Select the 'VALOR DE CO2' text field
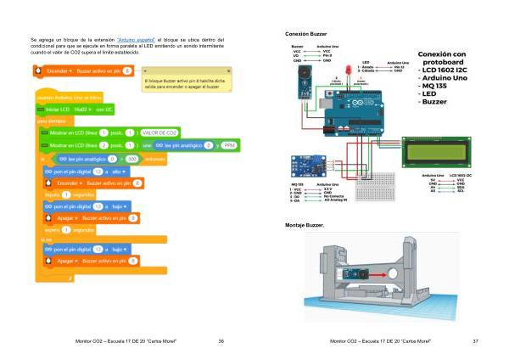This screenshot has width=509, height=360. pos(159,133)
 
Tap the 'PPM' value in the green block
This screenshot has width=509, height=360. pos(227,145)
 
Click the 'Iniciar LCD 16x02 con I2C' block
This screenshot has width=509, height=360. pos(76,110)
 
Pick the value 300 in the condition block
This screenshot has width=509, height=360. pos(132,159)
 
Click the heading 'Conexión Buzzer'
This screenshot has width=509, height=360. pos(307,31)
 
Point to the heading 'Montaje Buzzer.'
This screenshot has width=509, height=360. pos(306,225)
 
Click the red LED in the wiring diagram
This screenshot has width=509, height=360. pos(348,69)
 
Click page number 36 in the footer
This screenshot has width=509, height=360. pos(221,340)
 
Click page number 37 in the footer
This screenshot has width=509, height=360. pos(476,340)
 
